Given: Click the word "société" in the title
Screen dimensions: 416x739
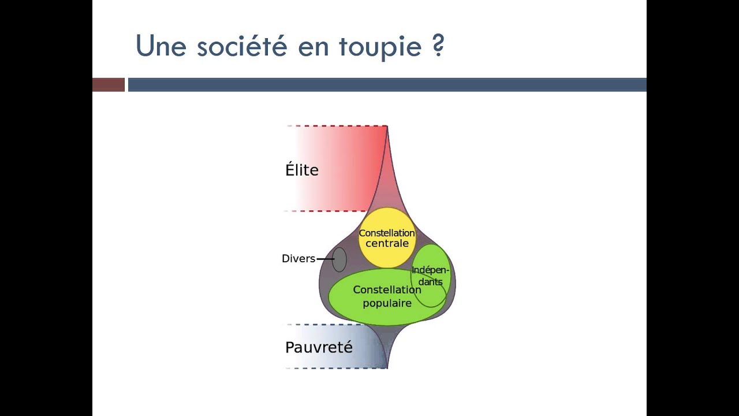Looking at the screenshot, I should pos(242,46).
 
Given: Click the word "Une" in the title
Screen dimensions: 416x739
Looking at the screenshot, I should pos(161,46).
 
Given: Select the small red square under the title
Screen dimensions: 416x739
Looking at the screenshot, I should pos(109,85).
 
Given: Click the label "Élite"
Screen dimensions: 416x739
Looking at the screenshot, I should pos(302,170).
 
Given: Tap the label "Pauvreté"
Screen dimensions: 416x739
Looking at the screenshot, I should pos(319,347).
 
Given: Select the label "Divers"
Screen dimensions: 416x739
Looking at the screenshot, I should pos(298,258).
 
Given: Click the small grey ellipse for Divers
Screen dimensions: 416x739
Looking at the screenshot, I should pos(339,259).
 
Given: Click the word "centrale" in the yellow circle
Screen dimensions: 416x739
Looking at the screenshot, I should pos(387,243).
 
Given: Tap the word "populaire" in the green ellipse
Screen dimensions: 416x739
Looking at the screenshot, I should pos(387,303).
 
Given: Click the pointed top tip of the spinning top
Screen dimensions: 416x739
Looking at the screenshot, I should pos(387,127).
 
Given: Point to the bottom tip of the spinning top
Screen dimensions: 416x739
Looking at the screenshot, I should pos(387,367).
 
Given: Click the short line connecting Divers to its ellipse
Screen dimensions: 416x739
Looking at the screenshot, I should pos(325,259).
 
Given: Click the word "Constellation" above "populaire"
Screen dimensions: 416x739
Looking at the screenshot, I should pos(387,289).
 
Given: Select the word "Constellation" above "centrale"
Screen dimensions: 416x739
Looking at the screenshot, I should pos(387,233).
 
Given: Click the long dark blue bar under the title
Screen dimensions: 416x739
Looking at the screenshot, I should pos(387,85).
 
